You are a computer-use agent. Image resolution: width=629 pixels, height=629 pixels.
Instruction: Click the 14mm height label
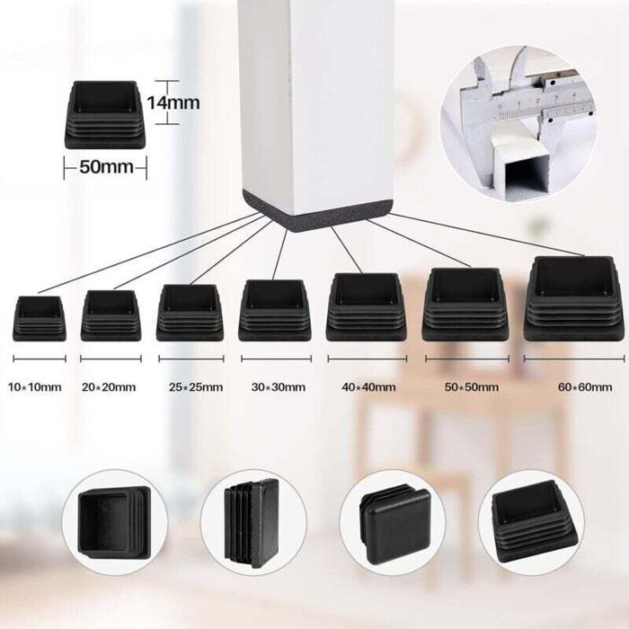[173, 102]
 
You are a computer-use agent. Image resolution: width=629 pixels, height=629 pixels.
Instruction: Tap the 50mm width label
[106, 167]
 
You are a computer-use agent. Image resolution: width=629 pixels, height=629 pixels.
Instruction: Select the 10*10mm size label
[35, 387]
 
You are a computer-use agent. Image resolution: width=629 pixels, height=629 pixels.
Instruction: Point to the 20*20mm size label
[109, 387]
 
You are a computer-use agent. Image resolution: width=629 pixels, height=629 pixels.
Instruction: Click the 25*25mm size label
[196, 387]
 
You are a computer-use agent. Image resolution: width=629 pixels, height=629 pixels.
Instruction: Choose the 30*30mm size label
[279, 387]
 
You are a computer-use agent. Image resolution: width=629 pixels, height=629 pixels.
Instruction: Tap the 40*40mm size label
[368, 387]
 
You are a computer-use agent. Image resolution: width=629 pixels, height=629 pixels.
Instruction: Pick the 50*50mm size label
[472, 387]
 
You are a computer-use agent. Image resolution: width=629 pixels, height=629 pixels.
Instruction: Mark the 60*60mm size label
[585, 387]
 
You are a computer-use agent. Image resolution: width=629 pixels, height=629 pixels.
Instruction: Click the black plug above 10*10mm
[40, 319]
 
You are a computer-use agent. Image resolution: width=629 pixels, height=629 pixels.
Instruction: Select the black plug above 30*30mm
[275, 311]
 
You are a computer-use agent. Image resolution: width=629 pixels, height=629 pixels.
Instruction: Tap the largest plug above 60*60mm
[574, 299]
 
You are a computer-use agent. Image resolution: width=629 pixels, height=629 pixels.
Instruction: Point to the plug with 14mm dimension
[105, 115]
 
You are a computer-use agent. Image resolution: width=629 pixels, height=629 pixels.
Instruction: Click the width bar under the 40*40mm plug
[367, 359]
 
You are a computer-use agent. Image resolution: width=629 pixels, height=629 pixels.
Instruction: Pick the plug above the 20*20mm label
[111, 316]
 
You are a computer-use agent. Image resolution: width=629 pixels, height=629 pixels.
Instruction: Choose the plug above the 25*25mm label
[190, 314]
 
